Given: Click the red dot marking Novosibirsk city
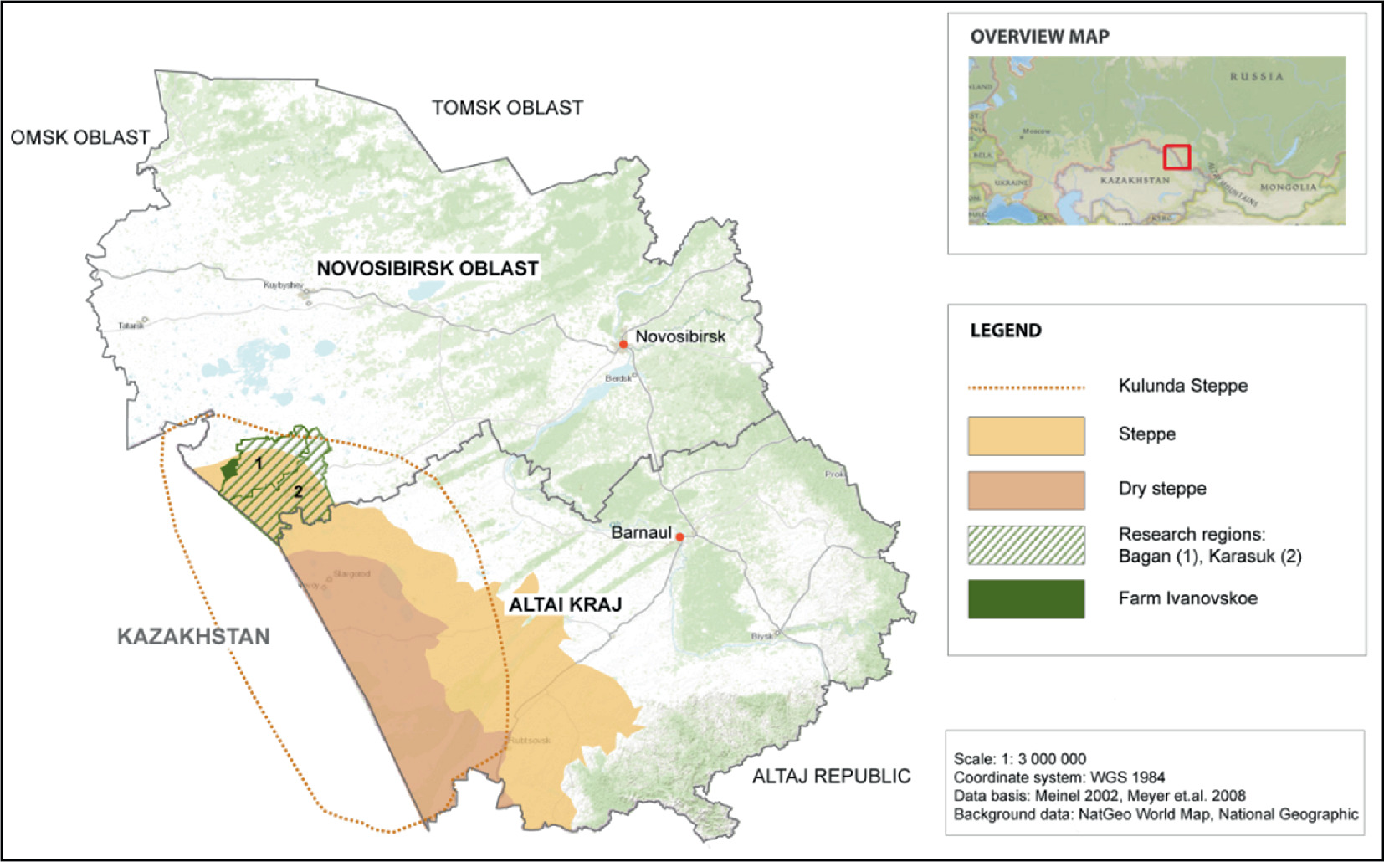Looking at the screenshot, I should pos(623,345).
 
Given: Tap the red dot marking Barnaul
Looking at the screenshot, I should pos(680,537).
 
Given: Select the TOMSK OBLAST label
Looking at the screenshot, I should pos(507,108).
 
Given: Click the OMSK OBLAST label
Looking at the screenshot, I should pos(80,138).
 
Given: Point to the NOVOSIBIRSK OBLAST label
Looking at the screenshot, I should pos(427,269).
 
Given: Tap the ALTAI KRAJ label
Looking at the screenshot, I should pos(566,604).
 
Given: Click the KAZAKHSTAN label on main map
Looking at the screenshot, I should pos(193,637).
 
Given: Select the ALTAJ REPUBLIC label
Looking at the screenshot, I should pos(831,777).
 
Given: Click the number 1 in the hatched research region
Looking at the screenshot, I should pos(259,463).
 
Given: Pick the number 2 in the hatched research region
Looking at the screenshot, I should pos(298,491).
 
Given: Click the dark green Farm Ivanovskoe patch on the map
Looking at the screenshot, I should pos(229,469).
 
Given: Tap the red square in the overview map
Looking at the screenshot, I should pos(1176,156).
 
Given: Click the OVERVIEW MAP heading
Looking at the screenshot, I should pos(1039,37).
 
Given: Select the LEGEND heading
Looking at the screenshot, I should pos(1006,331).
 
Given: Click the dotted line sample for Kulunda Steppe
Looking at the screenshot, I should pos(1026,387).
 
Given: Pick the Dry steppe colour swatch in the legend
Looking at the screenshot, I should pos(1026,490).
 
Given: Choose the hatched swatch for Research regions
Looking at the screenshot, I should pos(1026,545).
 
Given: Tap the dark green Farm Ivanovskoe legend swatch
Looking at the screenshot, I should pos(1026,599).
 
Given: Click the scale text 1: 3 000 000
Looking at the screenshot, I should pos(1051,759).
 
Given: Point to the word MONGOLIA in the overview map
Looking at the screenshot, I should pos(1288,187).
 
